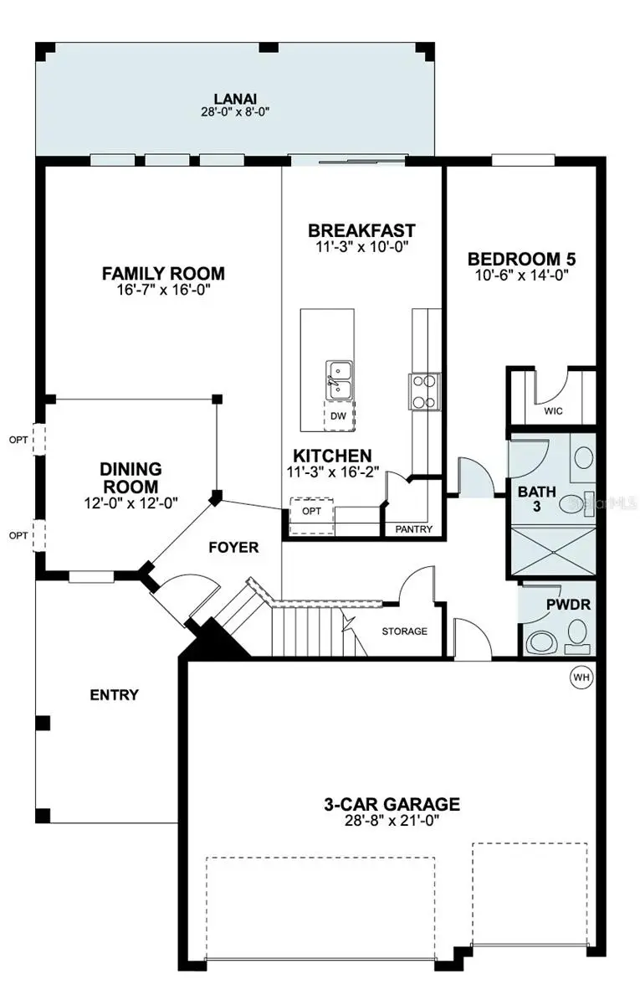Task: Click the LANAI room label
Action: pyautogui.click(x=235, y=97)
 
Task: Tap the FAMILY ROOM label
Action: pyautogui.click(x=163, y=273)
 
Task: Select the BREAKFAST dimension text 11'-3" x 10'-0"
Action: pyautogui.click(x=361, y=246)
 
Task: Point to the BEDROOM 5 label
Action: pyautogui.click(x=521, y=259)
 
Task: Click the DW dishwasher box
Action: pyautogui.click(x=338, y=416)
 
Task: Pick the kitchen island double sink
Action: pyautogui.click(x=340, y=379)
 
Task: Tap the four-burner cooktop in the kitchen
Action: pyautogui.click(x=423, y=390)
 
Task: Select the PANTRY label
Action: pyautogui.click(x=413, y=528)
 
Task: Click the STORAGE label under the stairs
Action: pyautogui.click(x=404, y=631)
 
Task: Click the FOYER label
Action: pyautogui.click(x=233, y=548)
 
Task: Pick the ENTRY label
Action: pyautogui.click(x=115, y=694)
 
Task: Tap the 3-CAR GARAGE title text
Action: pyautogui.click(x=392, y=804)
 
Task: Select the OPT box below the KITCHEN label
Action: pyautogui.click(x=311, y=510)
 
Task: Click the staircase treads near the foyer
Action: pyautogui.click(x=310, y=628)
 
